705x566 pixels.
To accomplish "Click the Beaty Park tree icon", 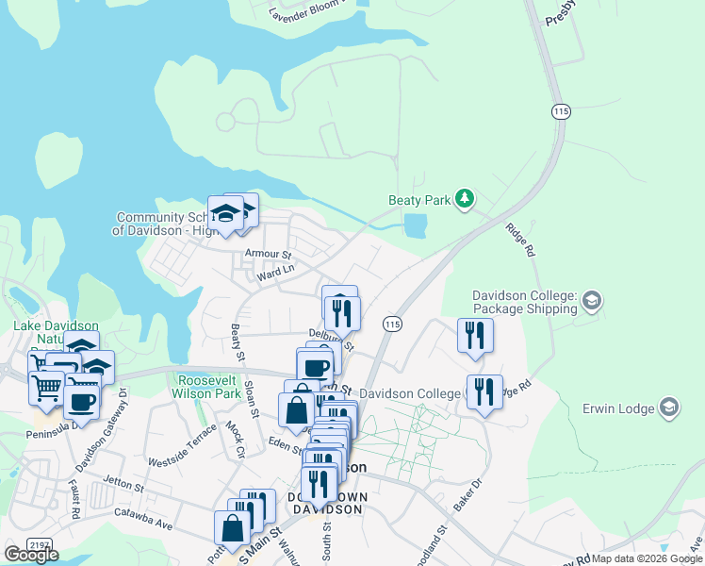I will pyautogui.click(x=464, y=199).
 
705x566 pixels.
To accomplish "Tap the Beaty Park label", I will pyautogui.click(x=418, y=200).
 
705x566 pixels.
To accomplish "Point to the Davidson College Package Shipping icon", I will pyautogui.click(x=592, y=301).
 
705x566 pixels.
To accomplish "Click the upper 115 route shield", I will pyautogui.click(x=562, y=111).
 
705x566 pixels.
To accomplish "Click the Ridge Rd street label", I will pyautogui.click(x=519, y=240).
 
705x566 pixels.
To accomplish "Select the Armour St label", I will pyautogui.click(x=269, y=254).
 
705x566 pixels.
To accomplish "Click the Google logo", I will pyautogui.click(x=32, y=555).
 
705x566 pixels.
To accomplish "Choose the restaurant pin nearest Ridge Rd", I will pyautogui.click(x=484, y=391).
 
